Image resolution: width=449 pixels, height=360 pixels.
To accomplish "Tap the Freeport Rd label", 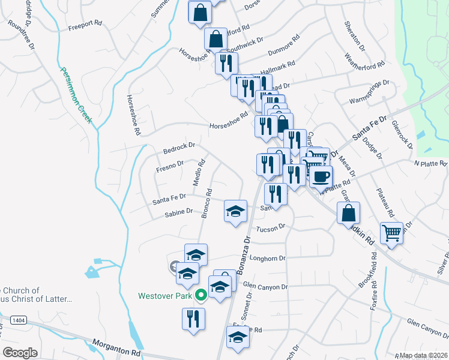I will [x=85, y=26].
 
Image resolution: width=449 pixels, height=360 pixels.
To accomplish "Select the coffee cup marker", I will [x=320, y=176].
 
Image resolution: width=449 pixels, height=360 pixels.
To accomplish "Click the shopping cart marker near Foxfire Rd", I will [x=391, y=232].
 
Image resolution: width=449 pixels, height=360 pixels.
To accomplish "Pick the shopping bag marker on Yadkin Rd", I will [x=348, y=212].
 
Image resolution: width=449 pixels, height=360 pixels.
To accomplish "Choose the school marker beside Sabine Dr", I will [x=236, y=211].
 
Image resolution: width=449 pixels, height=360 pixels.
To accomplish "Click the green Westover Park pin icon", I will [x=202, y=295].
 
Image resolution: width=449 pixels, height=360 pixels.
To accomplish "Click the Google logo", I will [x=20, y=352].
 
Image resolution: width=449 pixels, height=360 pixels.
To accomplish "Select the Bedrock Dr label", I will [x=179, y=146].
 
